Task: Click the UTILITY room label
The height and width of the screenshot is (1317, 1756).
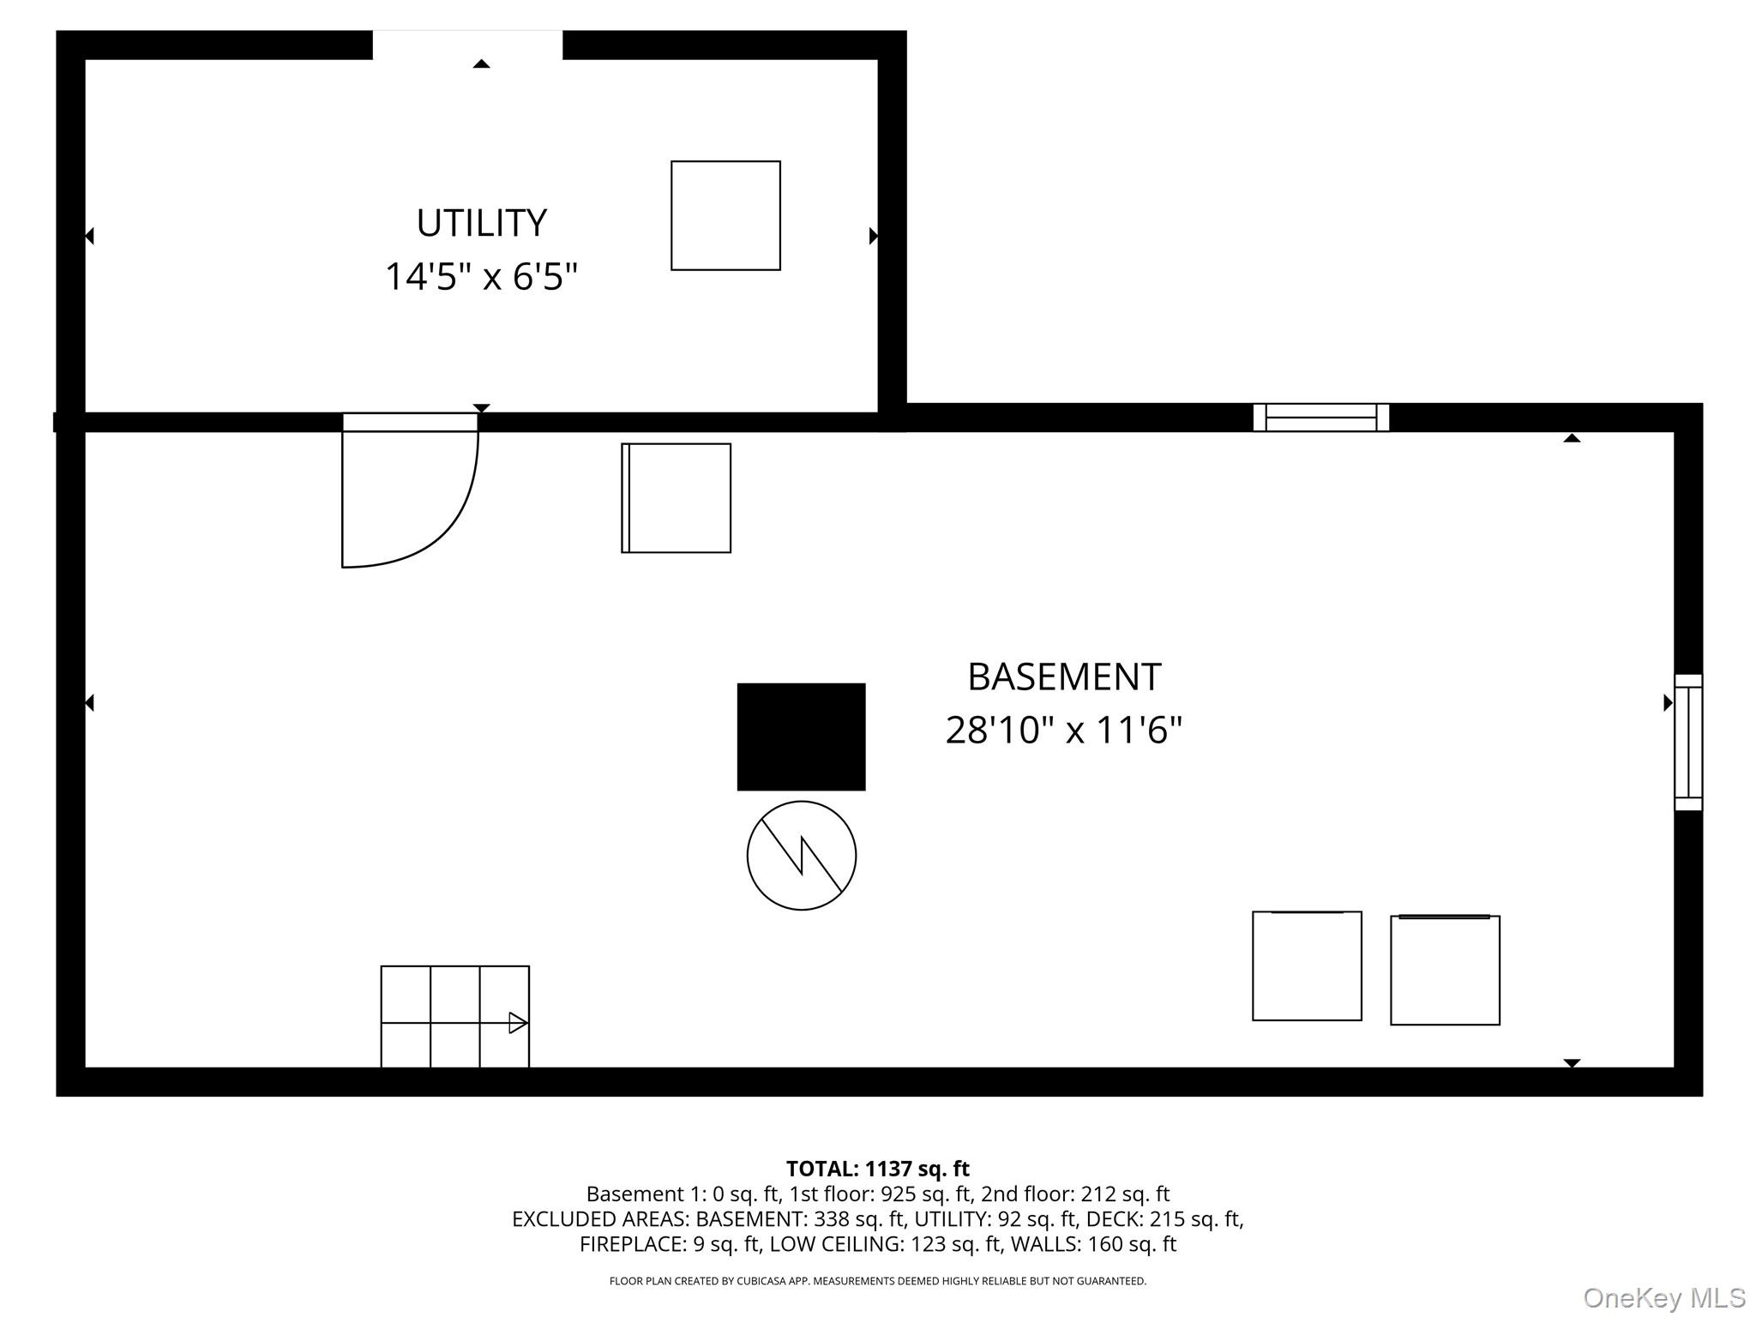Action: pos(481,224)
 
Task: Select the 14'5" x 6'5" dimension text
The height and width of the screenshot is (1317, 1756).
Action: pos(481,277)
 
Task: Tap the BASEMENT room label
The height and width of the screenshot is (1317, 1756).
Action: pos(1064,677)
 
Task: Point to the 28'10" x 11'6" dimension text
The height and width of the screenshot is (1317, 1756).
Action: pos(1064,731)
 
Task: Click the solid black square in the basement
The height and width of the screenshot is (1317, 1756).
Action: pos(801,737)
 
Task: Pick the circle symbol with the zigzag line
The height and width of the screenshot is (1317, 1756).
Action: pos(801,855)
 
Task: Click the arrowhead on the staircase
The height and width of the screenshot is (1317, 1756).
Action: pos(518,1022)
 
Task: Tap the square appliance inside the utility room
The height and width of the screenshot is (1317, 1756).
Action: pos(725,215)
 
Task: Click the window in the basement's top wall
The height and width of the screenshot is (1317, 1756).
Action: pos(1320,418)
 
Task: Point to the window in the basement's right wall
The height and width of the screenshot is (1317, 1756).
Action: pos(1687,743)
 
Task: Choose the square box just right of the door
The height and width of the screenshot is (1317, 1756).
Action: pos(676,498)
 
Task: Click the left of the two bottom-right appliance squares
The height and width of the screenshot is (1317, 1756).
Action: pos(1307,966)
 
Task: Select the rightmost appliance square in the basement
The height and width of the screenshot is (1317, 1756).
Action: pos(1445,970)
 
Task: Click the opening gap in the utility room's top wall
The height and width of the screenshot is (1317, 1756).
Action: pos(467,45)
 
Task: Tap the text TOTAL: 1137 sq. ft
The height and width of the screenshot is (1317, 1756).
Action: pos(877,1169)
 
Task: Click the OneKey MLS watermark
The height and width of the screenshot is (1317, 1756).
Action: pos(1663,1298)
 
